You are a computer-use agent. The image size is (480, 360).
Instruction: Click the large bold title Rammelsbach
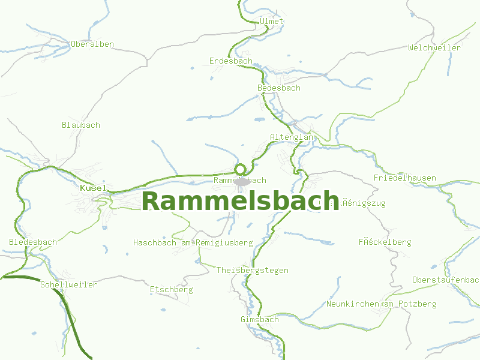[241, 201]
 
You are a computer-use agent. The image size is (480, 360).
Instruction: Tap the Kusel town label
[92, 188]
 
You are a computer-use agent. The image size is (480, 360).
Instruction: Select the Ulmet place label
[272, 21]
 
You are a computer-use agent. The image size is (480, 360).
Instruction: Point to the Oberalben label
[92, 44]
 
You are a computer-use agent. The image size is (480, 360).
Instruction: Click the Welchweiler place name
[434, 47]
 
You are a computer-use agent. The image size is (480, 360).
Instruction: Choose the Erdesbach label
[231, 61]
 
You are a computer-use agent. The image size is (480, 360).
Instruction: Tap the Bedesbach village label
[279, 88]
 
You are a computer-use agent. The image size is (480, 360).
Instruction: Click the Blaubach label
[81, 125]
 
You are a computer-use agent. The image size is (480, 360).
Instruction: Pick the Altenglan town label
[292, 137]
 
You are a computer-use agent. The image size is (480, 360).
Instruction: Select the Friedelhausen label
[405, 178]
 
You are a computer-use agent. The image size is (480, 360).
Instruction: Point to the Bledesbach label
[33, 242]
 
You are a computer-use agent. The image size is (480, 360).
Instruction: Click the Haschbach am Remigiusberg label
[193, 242]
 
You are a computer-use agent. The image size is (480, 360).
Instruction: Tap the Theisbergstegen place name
[253, 270]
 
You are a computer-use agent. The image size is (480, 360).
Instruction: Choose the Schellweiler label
[68, 284]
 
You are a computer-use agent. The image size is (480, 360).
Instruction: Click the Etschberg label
[172, 289]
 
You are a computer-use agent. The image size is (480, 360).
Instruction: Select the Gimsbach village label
[260, 319]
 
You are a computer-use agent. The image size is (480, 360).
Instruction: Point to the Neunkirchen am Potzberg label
[382, 304]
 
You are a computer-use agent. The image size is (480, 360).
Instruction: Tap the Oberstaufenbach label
[445, 280]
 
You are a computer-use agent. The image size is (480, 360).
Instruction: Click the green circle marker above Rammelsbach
[241, 169]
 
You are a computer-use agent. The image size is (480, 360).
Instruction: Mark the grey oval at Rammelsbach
[242, 181]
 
